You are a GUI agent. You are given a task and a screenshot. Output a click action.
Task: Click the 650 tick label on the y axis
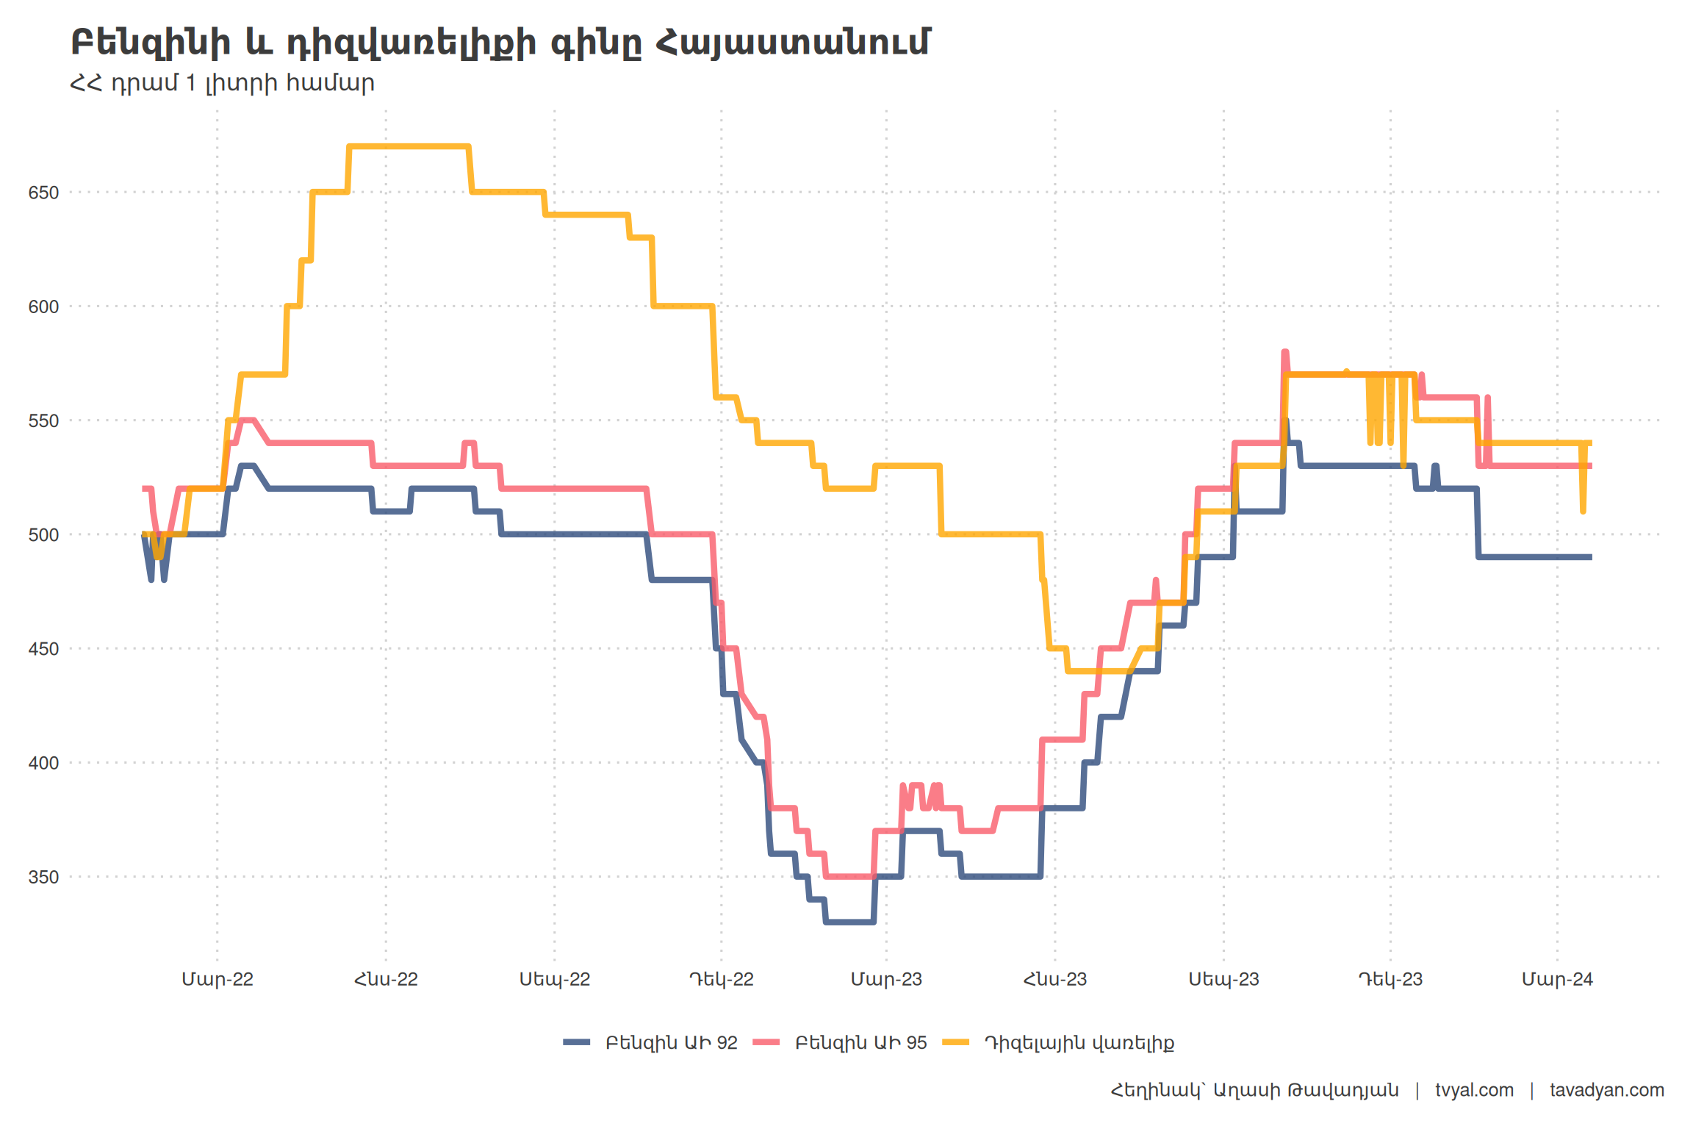43,193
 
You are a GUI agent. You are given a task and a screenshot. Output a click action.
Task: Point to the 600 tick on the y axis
43,307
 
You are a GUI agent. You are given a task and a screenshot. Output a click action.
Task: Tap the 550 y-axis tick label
43,421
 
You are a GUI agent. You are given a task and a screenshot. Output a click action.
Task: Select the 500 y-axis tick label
43,535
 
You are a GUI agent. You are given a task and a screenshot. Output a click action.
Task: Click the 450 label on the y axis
43,649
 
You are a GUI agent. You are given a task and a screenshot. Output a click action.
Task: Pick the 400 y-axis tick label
43,763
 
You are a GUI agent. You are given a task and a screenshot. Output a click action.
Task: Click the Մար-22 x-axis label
218,979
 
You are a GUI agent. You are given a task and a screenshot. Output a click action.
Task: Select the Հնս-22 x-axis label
386,979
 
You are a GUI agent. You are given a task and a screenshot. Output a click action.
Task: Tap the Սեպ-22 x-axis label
555,979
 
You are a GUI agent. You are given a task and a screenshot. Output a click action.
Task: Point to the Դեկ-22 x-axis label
722,979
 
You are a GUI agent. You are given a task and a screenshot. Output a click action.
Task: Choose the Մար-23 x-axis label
886,979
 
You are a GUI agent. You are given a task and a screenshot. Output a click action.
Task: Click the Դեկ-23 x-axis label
1390,979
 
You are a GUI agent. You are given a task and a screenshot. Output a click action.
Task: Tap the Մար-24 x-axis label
1557,979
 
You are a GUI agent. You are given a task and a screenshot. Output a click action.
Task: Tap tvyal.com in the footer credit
1474,1090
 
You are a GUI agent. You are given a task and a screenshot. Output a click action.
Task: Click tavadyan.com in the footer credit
1607,1090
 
